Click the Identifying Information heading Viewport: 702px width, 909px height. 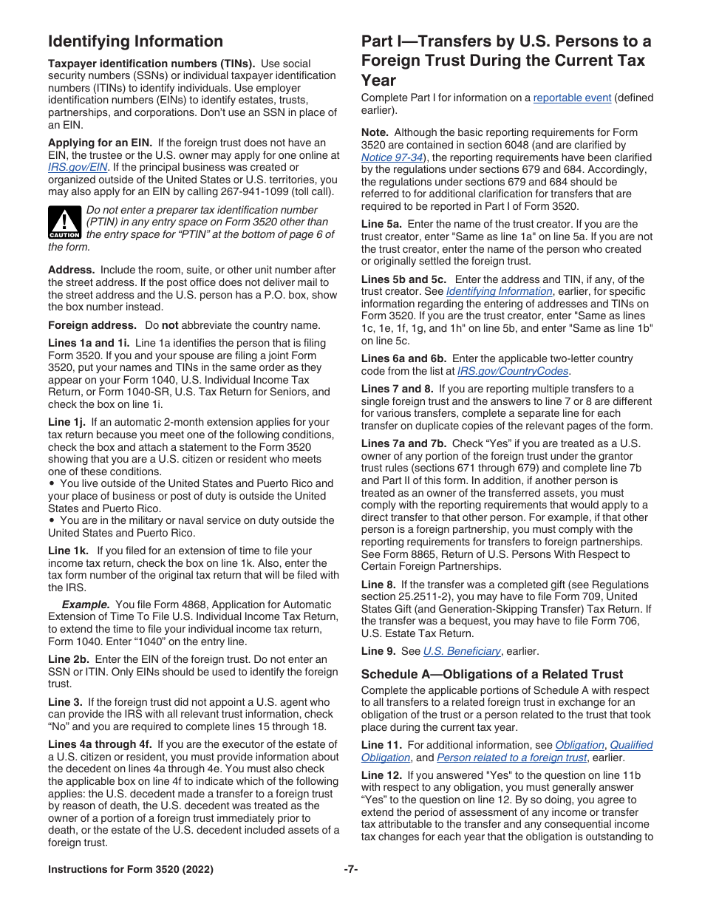point(135,41)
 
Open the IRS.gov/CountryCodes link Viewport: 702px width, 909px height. point(512,371)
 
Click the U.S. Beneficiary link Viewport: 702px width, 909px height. point(461,651)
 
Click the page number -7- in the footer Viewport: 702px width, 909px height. point(350,870)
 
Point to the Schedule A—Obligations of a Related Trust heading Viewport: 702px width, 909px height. point(491,674)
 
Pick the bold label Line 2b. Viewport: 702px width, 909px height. point(68,659)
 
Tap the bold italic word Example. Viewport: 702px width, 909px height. point(86,605)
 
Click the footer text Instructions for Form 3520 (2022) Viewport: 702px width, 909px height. point(131,870)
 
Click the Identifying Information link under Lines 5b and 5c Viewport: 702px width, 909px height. point(499,292)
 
